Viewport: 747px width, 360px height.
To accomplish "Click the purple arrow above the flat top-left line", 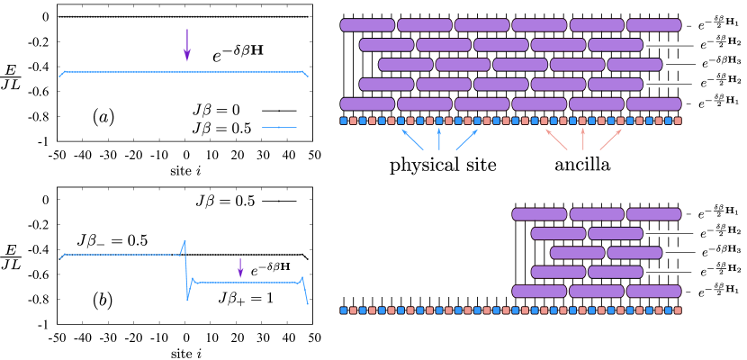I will [x=187, y=45].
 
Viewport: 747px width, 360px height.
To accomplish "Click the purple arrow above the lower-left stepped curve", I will [x=240, y=268].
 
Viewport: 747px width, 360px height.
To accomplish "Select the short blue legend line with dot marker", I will [x=279, y=128].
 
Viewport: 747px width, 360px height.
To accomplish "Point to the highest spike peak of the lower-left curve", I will [x=184, y=241].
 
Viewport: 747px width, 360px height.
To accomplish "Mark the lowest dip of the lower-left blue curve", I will [x=187, y=299].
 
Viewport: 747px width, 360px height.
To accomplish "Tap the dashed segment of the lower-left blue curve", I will [x=117, y=255].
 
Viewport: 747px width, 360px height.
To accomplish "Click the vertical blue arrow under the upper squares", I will [x=439, y=139].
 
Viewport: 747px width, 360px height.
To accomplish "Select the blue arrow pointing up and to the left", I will [x=412, y=139].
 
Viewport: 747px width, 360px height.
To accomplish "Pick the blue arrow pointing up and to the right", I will [x=466, y=139].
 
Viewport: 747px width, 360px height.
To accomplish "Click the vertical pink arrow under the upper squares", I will [x=583, y=139].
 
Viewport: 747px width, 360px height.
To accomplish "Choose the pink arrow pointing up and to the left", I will [x=556, y=139].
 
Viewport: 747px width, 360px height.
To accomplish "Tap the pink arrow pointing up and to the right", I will [x=610, y=139].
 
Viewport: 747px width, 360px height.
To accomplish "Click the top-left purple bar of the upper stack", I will [x=367, y=25].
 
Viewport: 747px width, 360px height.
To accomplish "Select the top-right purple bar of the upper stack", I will [x=654, y=25].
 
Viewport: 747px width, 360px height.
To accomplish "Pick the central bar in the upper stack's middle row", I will [x=520, y=65].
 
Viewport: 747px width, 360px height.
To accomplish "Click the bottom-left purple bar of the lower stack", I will [x=539, y=292].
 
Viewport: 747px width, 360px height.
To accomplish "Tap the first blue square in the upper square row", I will [x=344, y=121].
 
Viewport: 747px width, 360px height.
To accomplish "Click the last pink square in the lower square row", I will [x=678, y=310].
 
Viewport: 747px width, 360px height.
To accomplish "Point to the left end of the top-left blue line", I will [x=60, y=76].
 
